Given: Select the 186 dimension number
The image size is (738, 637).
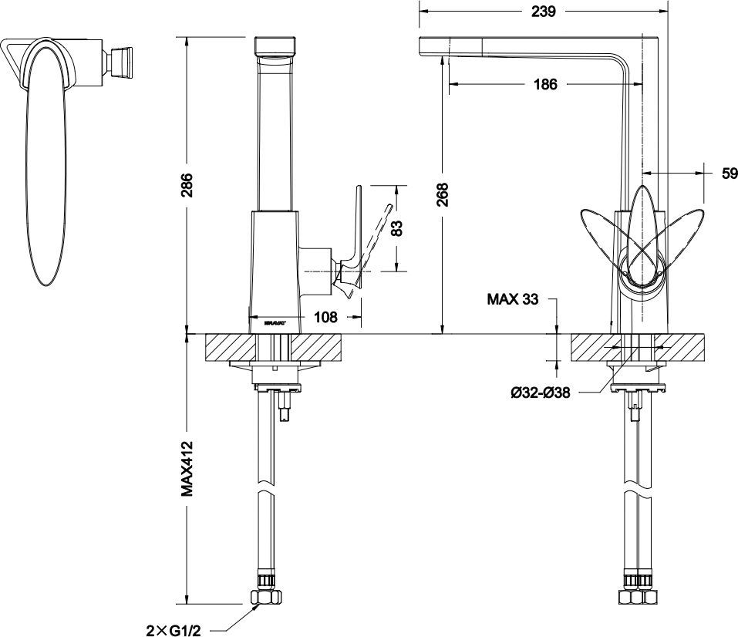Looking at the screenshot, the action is pos(544,85).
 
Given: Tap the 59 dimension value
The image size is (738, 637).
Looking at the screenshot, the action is pos(729,174).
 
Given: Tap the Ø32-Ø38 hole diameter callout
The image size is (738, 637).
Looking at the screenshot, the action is pos(540,393).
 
